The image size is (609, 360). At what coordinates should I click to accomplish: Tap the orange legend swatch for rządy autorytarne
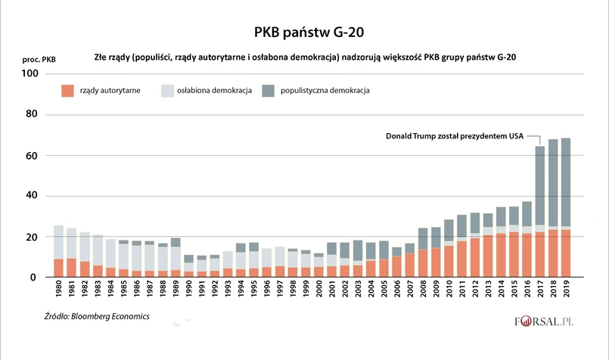pyautogui.click(x=68, y=90)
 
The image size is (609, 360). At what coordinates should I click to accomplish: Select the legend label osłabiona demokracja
pyautogui.click(x=214, y=90)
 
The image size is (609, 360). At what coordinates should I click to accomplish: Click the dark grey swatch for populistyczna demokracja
pyautogui.click(x=269, y=90)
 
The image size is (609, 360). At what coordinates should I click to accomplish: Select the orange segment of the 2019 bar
pyautogui.click(x=567, y=253)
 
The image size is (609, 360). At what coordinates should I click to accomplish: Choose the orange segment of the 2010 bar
pyautogui.click(x=449, y=262)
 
